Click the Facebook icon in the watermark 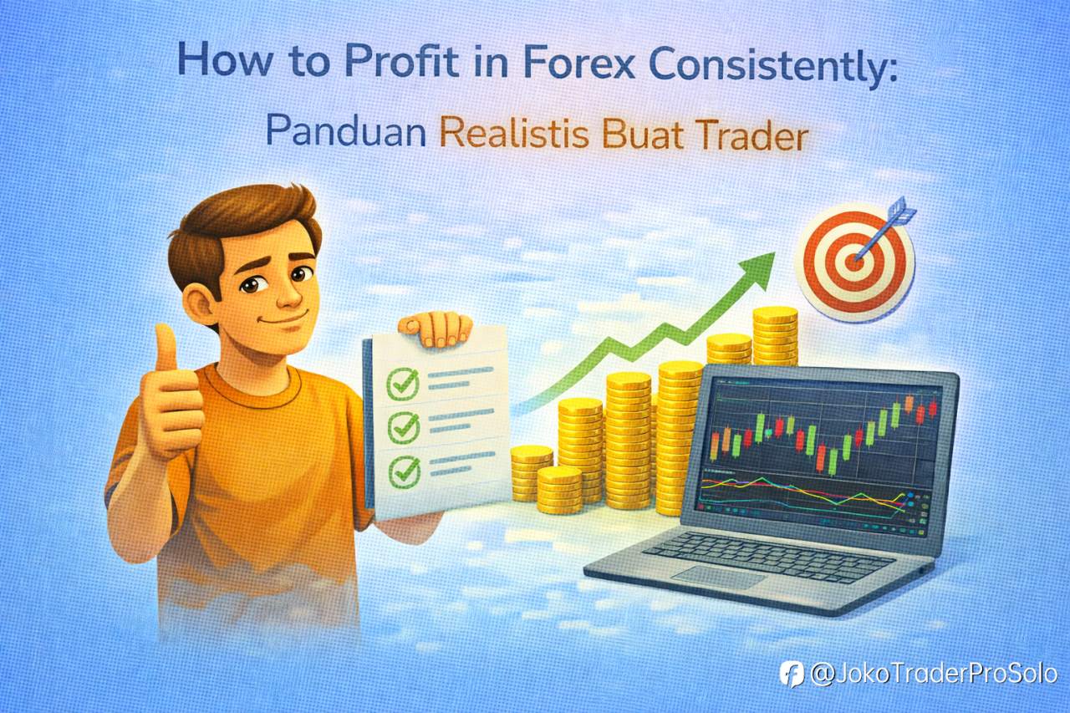point(791,673)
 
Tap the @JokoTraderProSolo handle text point(935,674)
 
